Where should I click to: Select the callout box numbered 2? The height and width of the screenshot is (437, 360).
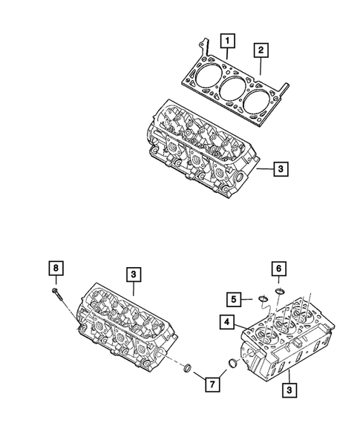tap(261, 50)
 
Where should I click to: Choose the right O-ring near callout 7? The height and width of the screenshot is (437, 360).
tap(233, 364)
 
